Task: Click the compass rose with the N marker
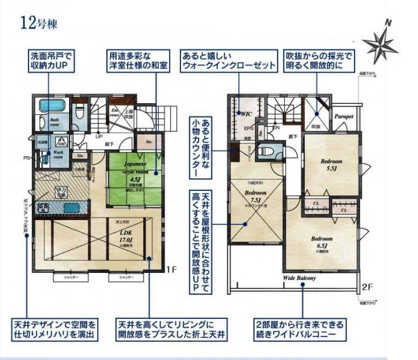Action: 381,45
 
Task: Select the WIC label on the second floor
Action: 246,114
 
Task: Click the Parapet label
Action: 343,116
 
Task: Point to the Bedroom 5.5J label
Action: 331,165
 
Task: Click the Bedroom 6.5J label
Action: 322,243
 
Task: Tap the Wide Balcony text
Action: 300,278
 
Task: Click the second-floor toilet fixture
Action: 269,150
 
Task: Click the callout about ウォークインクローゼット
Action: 228,60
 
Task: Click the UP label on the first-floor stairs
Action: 98,137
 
